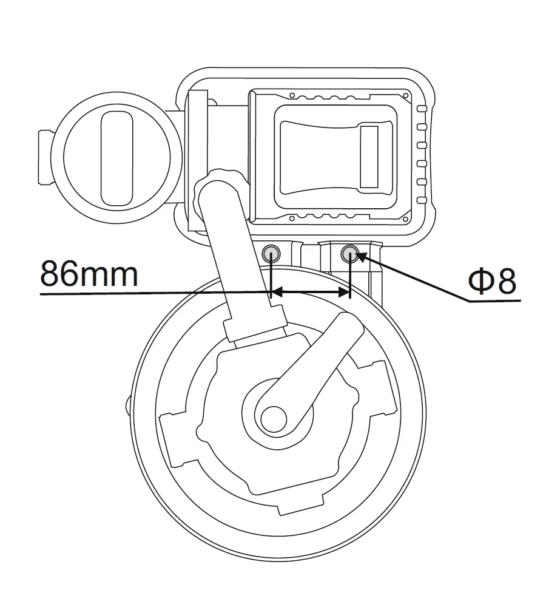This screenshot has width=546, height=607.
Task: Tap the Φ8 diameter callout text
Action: coord(492,281)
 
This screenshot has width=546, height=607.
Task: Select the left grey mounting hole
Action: coord(271,254)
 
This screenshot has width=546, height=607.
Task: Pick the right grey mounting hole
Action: coord(350,254)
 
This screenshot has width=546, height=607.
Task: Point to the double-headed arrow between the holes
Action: coord(311,293)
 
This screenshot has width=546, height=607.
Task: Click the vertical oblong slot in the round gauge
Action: coord(117,158)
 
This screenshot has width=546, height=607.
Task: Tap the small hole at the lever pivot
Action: coord(274,419)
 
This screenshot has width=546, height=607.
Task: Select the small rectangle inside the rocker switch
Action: coord(369,157)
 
